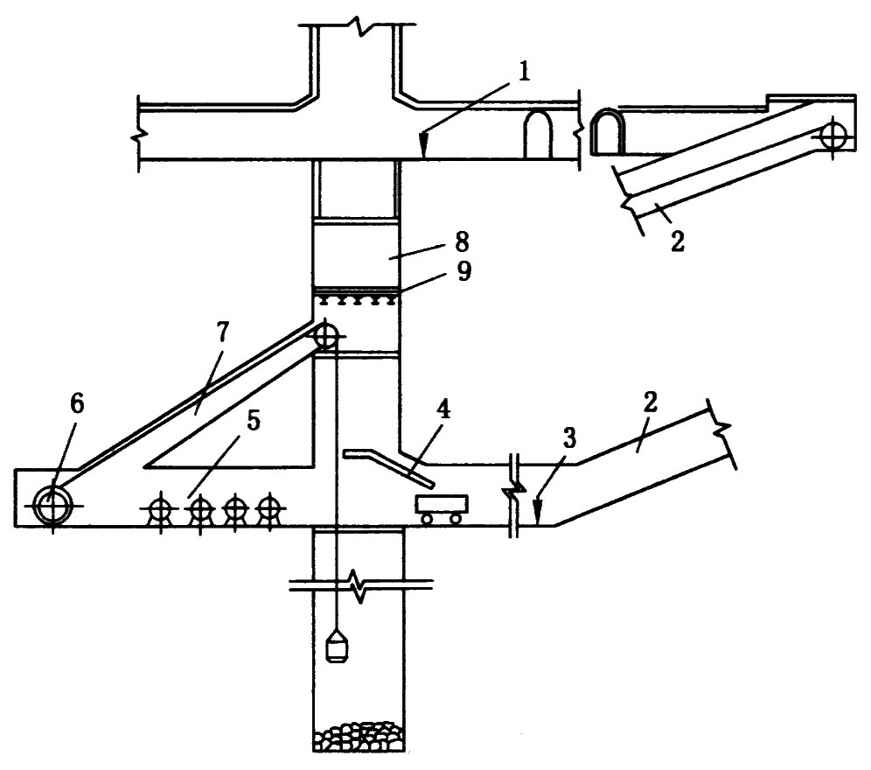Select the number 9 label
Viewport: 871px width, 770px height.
(x=463, y=272)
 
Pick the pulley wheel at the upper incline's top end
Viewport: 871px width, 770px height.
(x=834, y=135)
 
